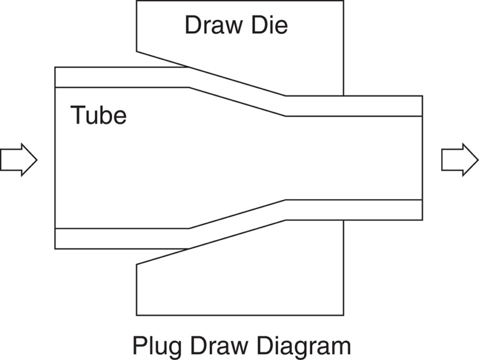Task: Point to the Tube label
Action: click(x=98, y=116)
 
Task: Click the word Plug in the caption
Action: click(x=155, y=346)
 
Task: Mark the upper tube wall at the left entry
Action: click(x=115, y=77)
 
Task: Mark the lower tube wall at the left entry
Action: click(x=115, y=239)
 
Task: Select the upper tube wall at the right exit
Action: click(x=368, y=106)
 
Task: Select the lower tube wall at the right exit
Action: click(x=368, y=210)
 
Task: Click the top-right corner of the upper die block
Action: click(x=343, y=1)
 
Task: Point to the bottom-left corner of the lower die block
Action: click(x=137, y=315)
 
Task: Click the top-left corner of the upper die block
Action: click(x=137, y=1)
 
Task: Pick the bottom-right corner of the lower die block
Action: click(x=343, y=315)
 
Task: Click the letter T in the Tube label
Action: click(x=78, y=116)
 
